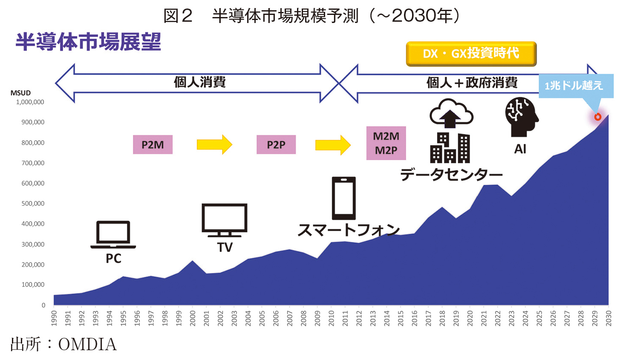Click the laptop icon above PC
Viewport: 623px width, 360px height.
[113, 235]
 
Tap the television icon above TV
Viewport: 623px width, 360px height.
[225, 220]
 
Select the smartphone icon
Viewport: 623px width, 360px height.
[344, 198]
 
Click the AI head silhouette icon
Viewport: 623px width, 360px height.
[522, 117]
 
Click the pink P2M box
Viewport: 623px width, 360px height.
[153, 144]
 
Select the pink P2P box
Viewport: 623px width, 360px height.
[276, 144]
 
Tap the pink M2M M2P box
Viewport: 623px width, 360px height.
[386, 143]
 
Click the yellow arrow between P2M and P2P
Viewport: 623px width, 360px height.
[214, 144]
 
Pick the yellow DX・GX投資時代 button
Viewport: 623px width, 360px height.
[471, 54]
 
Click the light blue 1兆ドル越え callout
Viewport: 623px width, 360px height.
[576, 86]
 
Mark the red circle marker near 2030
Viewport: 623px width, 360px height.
[597, 117]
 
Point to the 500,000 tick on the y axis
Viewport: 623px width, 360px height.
[33, 204]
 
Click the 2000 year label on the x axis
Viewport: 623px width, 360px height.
[193, 318]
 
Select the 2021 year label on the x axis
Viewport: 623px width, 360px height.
[484, 318]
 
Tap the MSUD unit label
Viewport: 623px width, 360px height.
[20, 93]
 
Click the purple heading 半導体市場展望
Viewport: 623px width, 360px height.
[88, 42]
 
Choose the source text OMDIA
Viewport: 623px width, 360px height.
[87, 344]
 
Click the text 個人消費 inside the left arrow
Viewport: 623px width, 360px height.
[200, 82]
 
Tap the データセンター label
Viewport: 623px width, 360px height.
[451, 174]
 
